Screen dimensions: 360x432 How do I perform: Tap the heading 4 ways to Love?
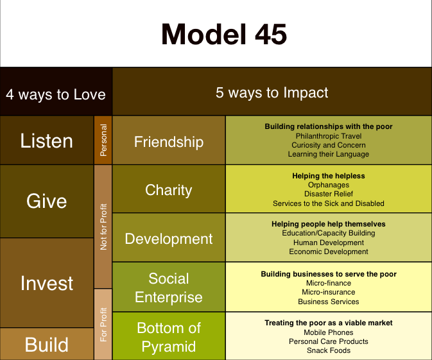[56, 94]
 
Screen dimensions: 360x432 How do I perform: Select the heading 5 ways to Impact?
[272, 92]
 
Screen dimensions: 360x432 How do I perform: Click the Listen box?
[47, 141]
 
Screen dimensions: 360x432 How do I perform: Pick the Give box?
[47, 201]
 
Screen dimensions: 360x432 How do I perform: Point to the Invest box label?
[47, 283]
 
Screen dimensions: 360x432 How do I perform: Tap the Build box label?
[47, 345]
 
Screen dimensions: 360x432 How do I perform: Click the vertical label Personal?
[103, 141]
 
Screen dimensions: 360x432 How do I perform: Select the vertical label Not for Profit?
[103, 227]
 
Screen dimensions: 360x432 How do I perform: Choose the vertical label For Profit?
[103, 325]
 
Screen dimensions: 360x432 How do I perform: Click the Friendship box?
[169, 141]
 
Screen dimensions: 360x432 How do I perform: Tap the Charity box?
[169, 190]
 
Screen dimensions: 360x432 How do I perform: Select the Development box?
[169, 239]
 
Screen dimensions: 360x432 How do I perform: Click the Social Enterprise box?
[169, 288]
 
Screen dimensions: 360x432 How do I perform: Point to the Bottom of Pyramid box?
[169, 338]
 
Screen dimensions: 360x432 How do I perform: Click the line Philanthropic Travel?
[329, 136]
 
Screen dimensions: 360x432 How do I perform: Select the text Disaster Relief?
[329, 194]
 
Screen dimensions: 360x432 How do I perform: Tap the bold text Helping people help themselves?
[329, 224]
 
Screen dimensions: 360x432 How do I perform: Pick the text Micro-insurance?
[329, 292]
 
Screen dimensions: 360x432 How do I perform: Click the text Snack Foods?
[329, 350]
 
